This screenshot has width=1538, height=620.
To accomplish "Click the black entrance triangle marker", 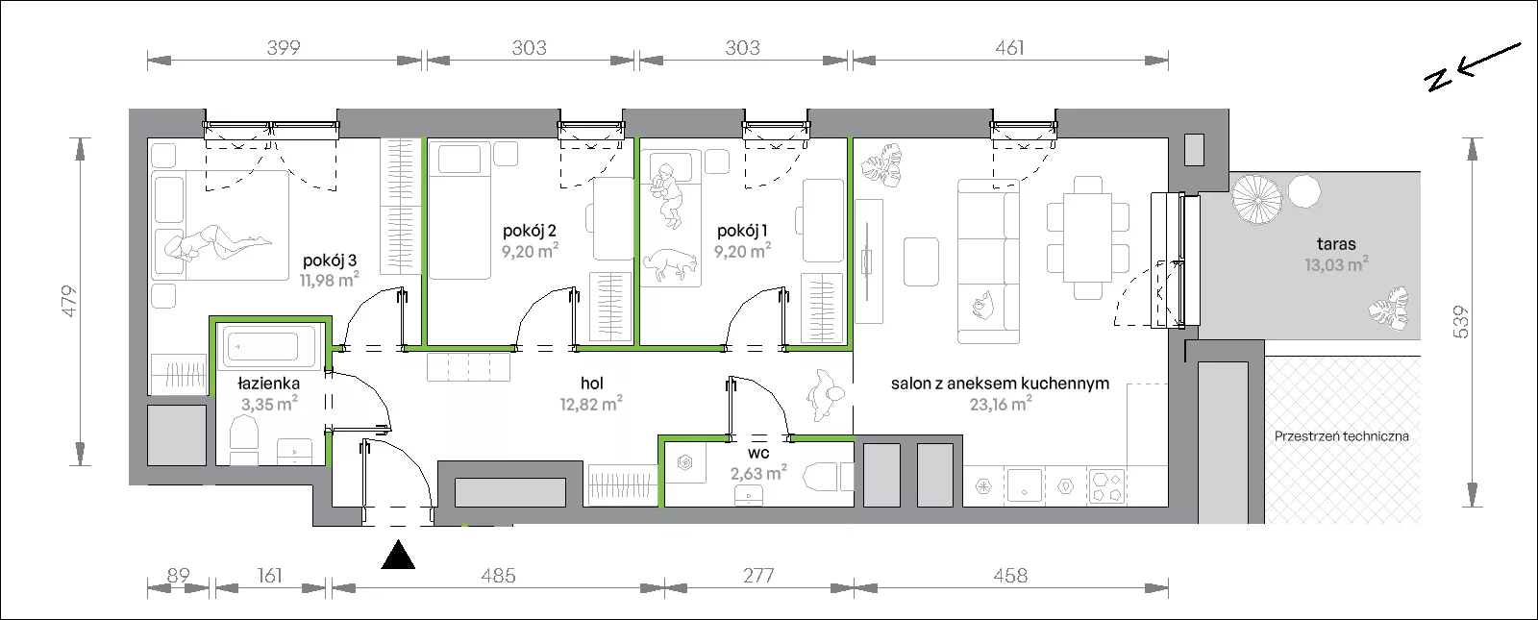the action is tap(398, 557).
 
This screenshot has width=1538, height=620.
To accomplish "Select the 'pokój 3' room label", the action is tap(330, 260).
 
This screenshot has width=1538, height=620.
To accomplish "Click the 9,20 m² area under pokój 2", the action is tap(530, 251).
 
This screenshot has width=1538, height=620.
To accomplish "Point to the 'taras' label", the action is tap(1336, 244).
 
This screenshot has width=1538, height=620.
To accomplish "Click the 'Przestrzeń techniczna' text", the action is tap(1342, 436).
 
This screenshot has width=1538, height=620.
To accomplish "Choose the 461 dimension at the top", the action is tap(1009, 48).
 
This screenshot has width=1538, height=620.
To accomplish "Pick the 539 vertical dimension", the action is tap(1460, 322).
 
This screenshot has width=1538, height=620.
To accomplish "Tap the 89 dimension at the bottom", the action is tap(178, 575).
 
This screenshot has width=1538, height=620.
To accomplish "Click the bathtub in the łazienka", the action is tap(267, 346).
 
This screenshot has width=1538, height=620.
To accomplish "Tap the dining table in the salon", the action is tap(1087, 237).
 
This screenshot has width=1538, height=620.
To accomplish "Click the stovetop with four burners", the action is tap(1106, 486).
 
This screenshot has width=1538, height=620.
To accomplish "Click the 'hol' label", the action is tap(592, 384).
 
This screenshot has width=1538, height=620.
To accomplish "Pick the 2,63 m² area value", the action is tap(758, 473).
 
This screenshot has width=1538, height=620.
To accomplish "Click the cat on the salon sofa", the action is tap(983, 304).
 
